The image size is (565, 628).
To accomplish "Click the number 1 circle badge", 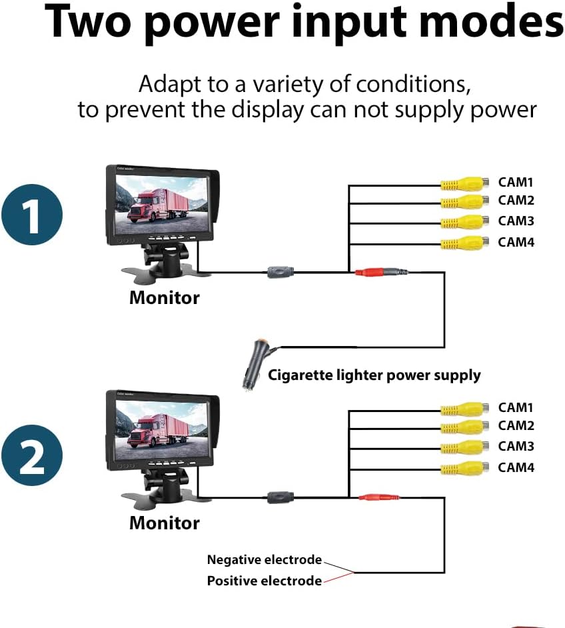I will point(31,215).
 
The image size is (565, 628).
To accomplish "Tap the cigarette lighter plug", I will point(255,362).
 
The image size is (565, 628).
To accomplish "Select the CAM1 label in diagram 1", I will point(516,182).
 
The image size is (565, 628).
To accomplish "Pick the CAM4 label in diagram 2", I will point(516,467).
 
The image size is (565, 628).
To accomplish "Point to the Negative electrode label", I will point(264,560).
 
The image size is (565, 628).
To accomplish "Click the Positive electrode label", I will point(264,581).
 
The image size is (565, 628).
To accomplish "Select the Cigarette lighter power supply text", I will point(374,375).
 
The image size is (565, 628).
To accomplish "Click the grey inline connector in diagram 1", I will point(280,272).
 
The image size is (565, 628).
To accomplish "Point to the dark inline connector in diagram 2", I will point(280,497).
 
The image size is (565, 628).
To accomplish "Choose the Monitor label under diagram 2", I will point(164,523).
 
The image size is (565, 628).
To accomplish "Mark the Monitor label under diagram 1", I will point(164,297).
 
